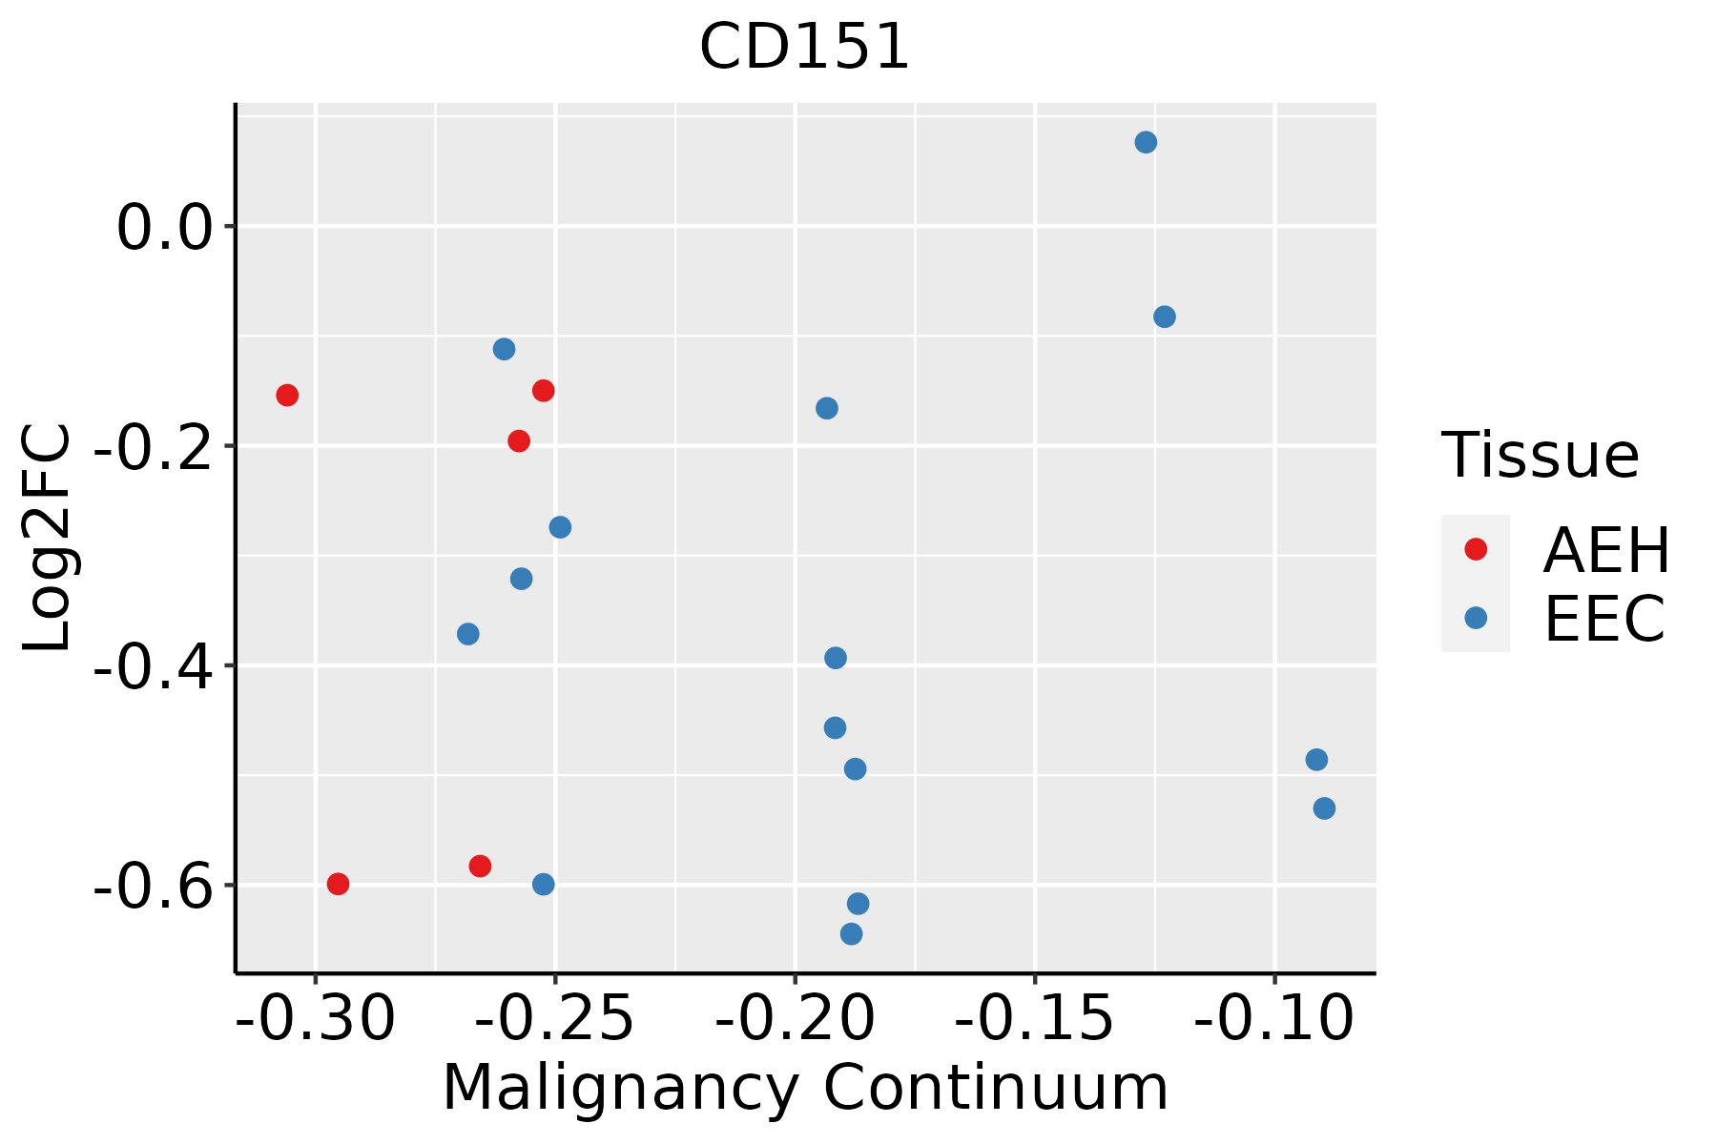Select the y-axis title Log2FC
[x=48, y=539]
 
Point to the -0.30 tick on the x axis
[x=316, y=1018]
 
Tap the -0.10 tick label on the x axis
[x=1273, y=1018]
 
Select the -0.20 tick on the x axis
[x=795, y=1018]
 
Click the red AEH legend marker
[x=1476, y=549]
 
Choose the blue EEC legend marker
[x=1476, y=618]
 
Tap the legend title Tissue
[x=1540, y=456]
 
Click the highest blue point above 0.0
[x=1146, y=143]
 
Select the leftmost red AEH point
[x=287, y=395]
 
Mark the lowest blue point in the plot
[x=852, y=933]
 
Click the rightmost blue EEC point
[x=1324, y=808]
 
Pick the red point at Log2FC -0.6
[x=338, y=884]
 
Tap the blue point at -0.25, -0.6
[x=544, y=885]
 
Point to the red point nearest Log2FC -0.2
[x=519, y=440]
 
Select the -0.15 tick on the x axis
[x=1034, y=1018]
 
